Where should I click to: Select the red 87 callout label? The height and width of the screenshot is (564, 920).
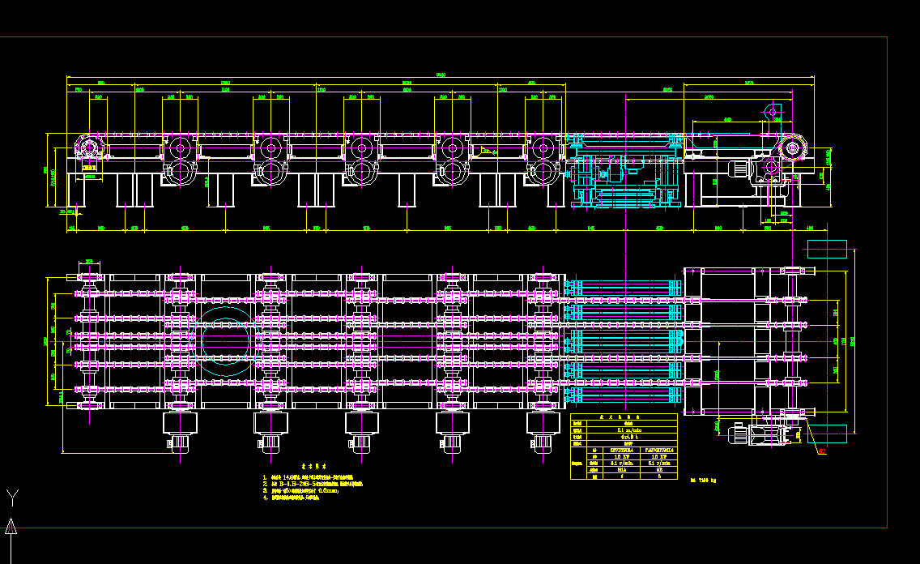(x=822, y=451)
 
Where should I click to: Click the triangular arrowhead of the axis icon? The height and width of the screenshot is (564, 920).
(x=11, y=528)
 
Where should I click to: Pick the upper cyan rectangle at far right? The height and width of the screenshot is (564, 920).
(x=827, y=249)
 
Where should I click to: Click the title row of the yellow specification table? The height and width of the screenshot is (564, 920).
(x=624, y=418)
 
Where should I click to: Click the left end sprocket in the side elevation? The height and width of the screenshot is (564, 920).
(x=87, y=149)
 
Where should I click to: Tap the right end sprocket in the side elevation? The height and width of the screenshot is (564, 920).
(x=793, y=148)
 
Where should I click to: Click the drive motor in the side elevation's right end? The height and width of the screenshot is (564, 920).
(x=739, y=169)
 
